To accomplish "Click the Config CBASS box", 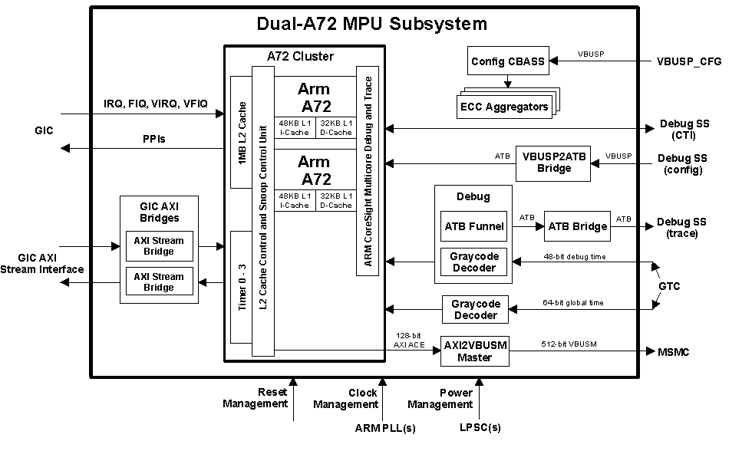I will (x=507, y=61).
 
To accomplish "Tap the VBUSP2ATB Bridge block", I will (x=553, y=163).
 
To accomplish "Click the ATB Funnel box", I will (x=474, y=226).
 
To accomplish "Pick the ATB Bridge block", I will (x=577, y=226).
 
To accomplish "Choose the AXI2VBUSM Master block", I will (x=475, y=351).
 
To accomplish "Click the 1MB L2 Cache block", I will (x=242, y=132).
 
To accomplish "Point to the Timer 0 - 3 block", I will (x=242, y=287).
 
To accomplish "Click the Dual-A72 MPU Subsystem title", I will (x=371, y=24).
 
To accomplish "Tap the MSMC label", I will (x=674, y=352).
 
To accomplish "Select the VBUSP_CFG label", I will (x=689, y=61).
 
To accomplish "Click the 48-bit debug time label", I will (x=574, y=257).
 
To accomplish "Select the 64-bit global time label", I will (x=572, y=303).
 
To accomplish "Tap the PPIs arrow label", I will (x=153, y=140).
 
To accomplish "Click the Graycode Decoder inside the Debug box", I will (x=474, y=262).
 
